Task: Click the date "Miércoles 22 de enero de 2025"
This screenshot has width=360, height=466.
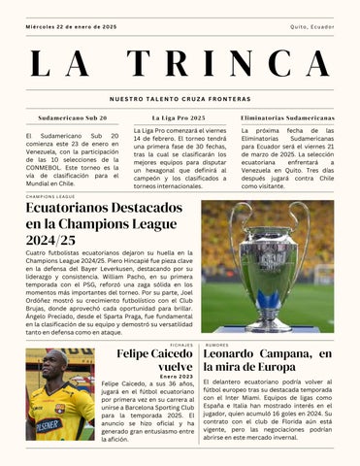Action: point(71,27)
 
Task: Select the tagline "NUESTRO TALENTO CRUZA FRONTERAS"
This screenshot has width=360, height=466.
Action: point(180,99)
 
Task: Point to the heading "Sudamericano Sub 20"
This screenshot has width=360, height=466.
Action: point(73,116)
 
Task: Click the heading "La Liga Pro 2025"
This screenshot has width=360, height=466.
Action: point(180,116)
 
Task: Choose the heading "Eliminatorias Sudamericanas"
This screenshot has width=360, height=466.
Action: point(286,116)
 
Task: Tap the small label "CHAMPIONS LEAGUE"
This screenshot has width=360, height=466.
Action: point(50,196)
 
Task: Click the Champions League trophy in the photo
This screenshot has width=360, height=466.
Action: point(267,262)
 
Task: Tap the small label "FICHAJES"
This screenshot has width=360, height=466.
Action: point(180,345)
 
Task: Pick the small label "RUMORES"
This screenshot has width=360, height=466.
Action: point(217,345)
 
